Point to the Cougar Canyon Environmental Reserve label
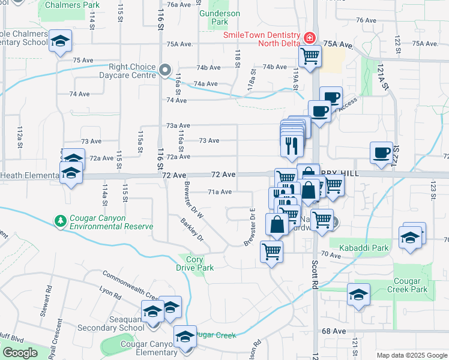[111, 222]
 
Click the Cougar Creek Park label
[411, 285]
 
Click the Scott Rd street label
[315, 275]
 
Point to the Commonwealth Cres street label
[130, 284]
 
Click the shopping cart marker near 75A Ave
[310, 56]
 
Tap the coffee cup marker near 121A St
[381, 152]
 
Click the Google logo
[20, 353]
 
